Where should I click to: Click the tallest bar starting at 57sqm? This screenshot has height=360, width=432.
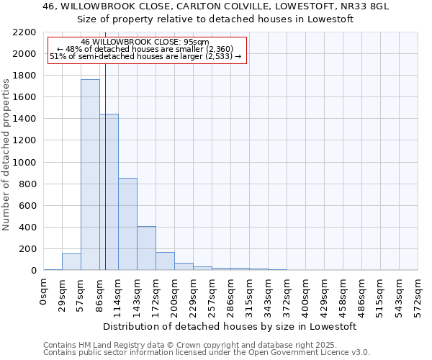click(x=90, y=175)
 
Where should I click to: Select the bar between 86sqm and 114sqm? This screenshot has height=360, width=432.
click(x=109, y=192)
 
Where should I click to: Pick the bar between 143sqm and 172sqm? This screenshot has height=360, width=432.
click(x=146, y=248)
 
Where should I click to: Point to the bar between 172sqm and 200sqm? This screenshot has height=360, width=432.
click(x=165, y=261)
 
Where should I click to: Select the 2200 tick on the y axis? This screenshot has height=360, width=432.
click(x=26, y=32)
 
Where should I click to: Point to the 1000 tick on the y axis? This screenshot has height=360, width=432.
click(x=26, y=163)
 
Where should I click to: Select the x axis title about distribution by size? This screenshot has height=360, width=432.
click(x=230, y=326)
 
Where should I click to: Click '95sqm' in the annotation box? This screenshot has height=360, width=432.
click(x=195, y=42)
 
